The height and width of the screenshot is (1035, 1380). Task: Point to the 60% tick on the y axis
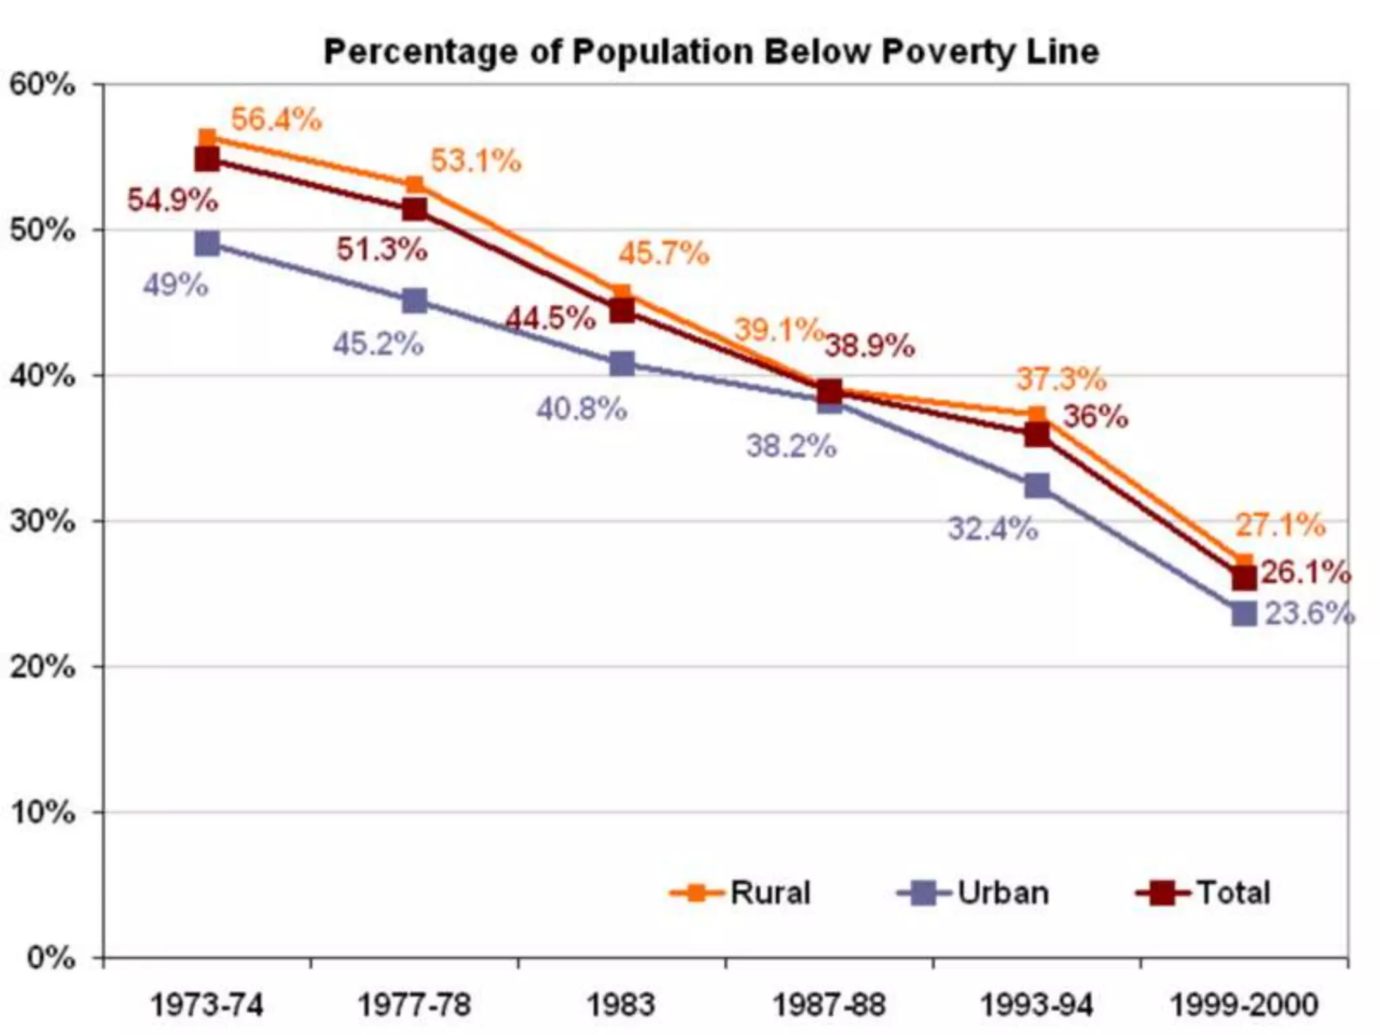tap(42, 86)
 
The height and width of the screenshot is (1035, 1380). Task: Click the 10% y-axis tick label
tap(42, 813)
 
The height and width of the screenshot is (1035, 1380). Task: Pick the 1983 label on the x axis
tap(621, 1005)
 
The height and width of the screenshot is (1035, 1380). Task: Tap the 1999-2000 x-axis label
tap(1244, 1005)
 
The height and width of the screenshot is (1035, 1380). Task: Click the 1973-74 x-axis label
tap(207, 1005)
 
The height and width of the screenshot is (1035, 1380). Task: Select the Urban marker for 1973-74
tap(207, 243)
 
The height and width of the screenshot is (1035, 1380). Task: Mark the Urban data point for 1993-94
tap(1036, 485)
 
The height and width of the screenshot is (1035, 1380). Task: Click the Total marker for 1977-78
tap(414, 210)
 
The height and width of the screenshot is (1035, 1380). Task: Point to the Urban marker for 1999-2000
tap(1244, 614)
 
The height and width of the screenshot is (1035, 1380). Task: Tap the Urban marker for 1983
tap(621, 364)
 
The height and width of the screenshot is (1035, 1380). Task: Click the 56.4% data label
tap(276, 120)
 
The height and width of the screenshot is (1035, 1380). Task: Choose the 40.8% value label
tap(582, 409)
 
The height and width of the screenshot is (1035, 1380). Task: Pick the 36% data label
tap(1095, 417)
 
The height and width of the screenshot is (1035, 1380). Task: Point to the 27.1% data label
tap(1280, 525)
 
